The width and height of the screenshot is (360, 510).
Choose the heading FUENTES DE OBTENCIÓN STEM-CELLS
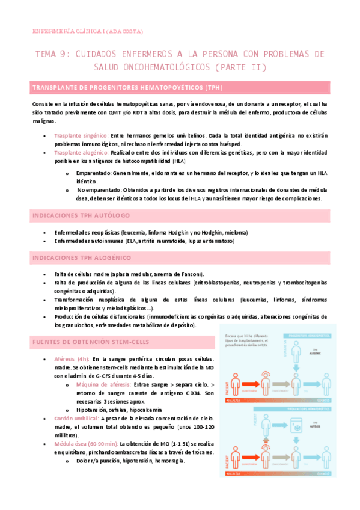click(91, 342)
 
